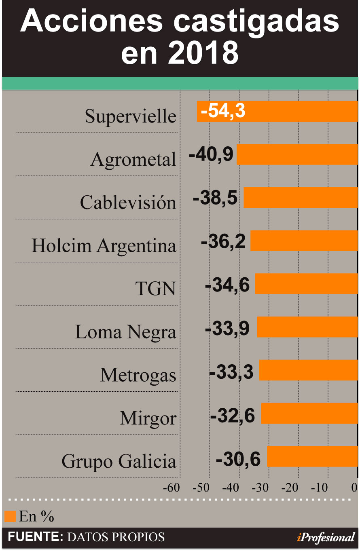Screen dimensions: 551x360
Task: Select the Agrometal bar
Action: pyautogui.click(x=297, y=154)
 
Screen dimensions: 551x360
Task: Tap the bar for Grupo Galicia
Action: pyautogui.click(x=312, y=456)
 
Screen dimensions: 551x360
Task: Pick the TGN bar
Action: pyautogui.click(x=307, y=284)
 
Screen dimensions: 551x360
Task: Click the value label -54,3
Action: pyautogui.click(x=223, y=111)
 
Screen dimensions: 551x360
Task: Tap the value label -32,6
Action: pyautogui.click(x=233, y=415)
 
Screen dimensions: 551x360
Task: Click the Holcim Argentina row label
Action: pyautogui.click(x=104, y=245)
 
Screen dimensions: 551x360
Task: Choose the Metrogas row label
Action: pyautogui.click(x=138, y=375)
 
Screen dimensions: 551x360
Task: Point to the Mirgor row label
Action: pyautogui.click(x=148, y=418)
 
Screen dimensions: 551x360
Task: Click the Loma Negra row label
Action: pyautogui.click(x=126, y=332)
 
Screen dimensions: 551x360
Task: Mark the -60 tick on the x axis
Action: pyautogui.click(x=171, y=488)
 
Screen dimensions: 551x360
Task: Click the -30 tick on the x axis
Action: pyautogui.click(x=260, y=488)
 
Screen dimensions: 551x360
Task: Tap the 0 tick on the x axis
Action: pyautogui.click(x=354, y=488)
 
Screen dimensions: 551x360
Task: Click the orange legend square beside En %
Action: pyautogui.click(x=10, y=516)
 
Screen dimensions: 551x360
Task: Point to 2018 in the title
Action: pyautogui.click(x=203, y=53)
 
